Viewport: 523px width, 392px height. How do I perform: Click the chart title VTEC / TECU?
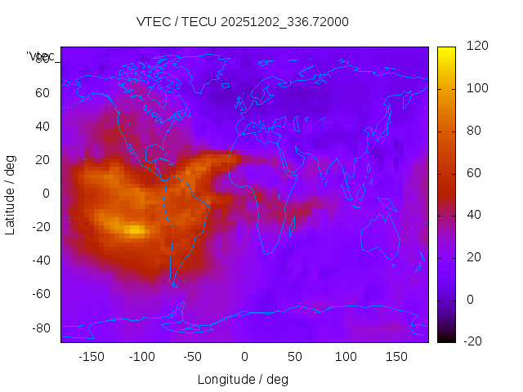coord(243,22)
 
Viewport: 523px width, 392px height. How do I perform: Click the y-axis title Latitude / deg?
coord(11,194)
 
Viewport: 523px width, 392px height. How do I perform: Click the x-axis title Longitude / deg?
coord(243,379)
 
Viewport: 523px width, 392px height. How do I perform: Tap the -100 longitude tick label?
coord(141,357)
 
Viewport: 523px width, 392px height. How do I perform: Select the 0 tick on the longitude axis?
coord(244,357)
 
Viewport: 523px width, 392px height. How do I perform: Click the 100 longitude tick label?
coord(346,357)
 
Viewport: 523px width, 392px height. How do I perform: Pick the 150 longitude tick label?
coord(396,357)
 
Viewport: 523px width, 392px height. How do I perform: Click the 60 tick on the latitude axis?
coord(42,92)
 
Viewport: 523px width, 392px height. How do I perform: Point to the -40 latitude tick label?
coord(39,261)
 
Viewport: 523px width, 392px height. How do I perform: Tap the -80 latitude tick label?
coord(39,327)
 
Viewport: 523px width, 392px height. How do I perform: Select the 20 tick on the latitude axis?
coord(42,159)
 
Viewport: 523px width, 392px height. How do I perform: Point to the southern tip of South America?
coord(174,284)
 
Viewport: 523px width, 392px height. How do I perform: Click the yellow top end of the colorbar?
coord(445,51)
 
